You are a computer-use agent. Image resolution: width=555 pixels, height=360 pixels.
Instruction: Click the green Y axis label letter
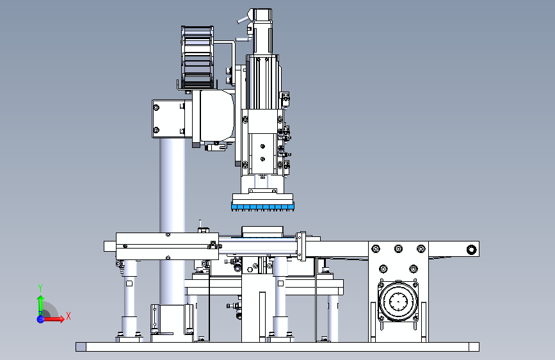40,288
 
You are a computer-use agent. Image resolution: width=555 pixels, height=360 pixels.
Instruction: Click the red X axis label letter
68,316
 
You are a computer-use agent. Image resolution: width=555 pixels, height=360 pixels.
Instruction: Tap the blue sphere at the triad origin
40,319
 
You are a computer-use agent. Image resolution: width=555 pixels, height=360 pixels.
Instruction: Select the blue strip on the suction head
262,206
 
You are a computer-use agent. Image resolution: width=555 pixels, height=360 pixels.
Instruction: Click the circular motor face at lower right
398,302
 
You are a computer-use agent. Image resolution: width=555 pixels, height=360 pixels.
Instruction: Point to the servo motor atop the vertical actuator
262,32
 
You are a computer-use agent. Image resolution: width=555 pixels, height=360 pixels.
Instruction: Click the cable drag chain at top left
198,57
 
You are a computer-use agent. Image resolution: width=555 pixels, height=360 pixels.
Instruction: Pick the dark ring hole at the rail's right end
471,249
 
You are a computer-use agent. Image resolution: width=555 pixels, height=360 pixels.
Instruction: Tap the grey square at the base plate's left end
81,347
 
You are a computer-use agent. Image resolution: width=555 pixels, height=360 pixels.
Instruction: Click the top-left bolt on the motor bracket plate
376,249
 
